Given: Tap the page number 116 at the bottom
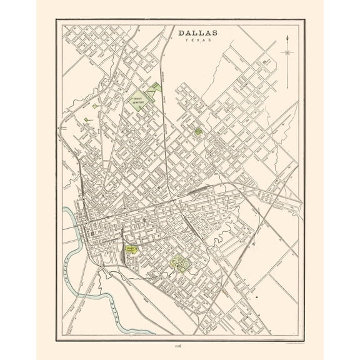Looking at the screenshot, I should (x=181, y=344).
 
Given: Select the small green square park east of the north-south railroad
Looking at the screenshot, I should (x=198, y=132).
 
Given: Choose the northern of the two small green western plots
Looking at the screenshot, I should (x=94, y=107).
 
